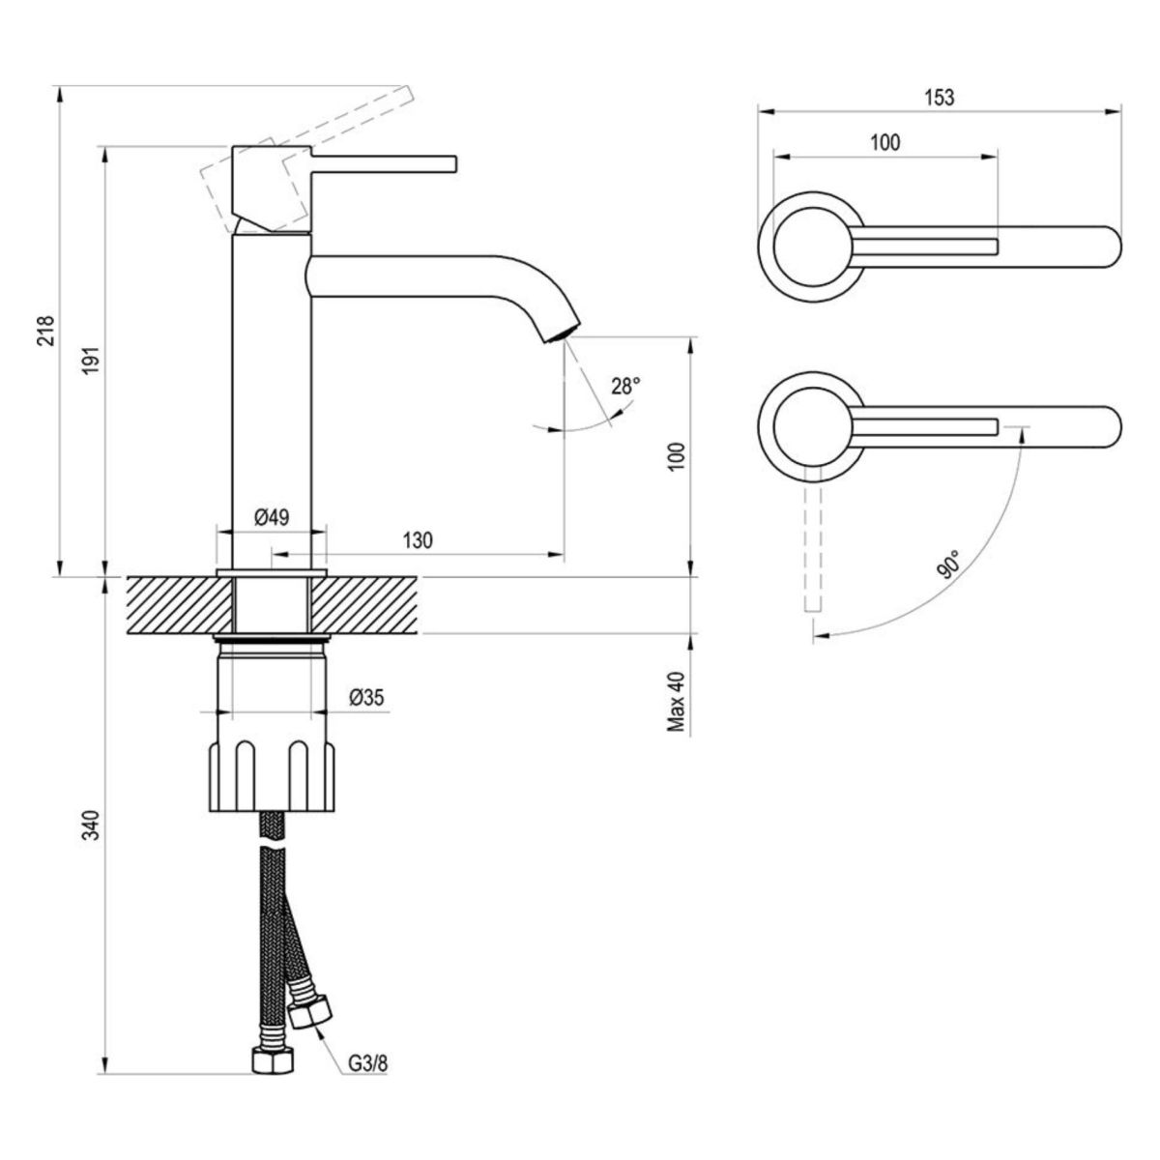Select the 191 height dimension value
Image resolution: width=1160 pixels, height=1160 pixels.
coord(90,363)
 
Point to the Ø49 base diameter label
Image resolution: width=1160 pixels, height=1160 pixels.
coord(272,517)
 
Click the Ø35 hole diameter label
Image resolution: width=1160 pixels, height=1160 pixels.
coord(367,697)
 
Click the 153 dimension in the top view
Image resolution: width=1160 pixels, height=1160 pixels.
coord(938,97)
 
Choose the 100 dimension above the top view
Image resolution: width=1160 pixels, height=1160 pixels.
coord(884,143)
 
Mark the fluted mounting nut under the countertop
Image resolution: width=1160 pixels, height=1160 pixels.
coord(272,774)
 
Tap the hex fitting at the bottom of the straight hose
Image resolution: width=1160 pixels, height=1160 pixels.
coord(271,1060)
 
